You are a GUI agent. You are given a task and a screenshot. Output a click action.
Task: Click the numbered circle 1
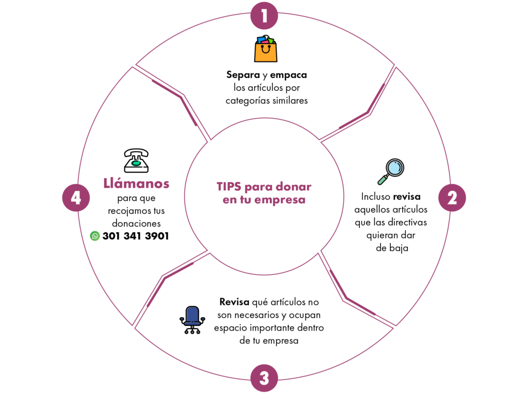264,16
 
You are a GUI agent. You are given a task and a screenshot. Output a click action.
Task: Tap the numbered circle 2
452,198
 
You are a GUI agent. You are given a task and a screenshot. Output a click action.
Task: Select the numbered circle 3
264,378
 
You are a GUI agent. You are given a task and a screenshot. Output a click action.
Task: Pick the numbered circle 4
76,198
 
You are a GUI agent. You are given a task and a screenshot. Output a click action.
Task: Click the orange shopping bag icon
266,50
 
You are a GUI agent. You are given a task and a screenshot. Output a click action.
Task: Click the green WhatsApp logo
95,236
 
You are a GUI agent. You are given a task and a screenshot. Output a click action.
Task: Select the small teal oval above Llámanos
136,163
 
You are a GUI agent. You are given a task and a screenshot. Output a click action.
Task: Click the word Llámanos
136,184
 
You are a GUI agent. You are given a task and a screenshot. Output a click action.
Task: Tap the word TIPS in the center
229,187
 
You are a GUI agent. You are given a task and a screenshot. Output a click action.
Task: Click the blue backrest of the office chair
192,314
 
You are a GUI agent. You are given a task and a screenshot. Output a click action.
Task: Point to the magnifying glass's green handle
383,179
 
